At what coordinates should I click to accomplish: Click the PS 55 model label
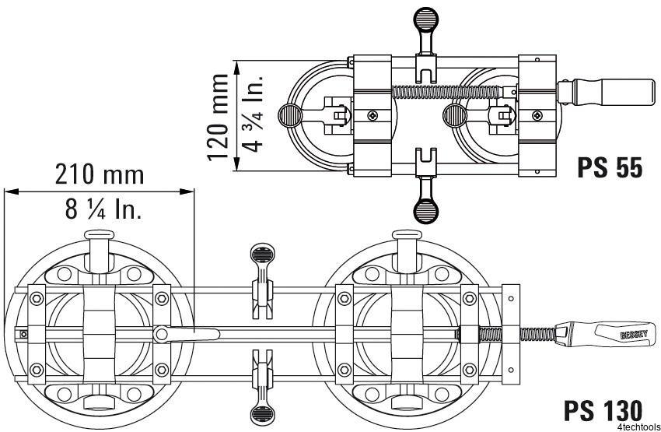(610, 167)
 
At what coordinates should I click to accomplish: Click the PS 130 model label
(603, 410)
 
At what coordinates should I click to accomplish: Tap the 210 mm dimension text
(100, 174)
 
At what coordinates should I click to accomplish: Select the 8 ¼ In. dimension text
(103, 209)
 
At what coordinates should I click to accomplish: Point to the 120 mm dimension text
(219, 117)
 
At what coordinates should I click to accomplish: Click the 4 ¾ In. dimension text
(253, 114)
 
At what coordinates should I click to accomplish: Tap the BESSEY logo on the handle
(634, 335)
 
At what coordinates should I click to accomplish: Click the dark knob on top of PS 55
(426, 19)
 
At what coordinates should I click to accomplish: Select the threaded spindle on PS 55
(447, 91)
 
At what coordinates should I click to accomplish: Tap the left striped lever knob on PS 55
(289, 115)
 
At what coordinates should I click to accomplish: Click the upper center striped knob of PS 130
(263, 255)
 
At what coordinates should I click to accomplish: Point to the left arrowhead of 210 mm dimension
(12, 191)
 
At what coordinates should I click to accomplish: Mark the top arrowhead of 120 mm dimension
(237, 67)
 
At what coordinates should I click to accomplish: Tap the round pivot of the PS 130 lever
(161, 334)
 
